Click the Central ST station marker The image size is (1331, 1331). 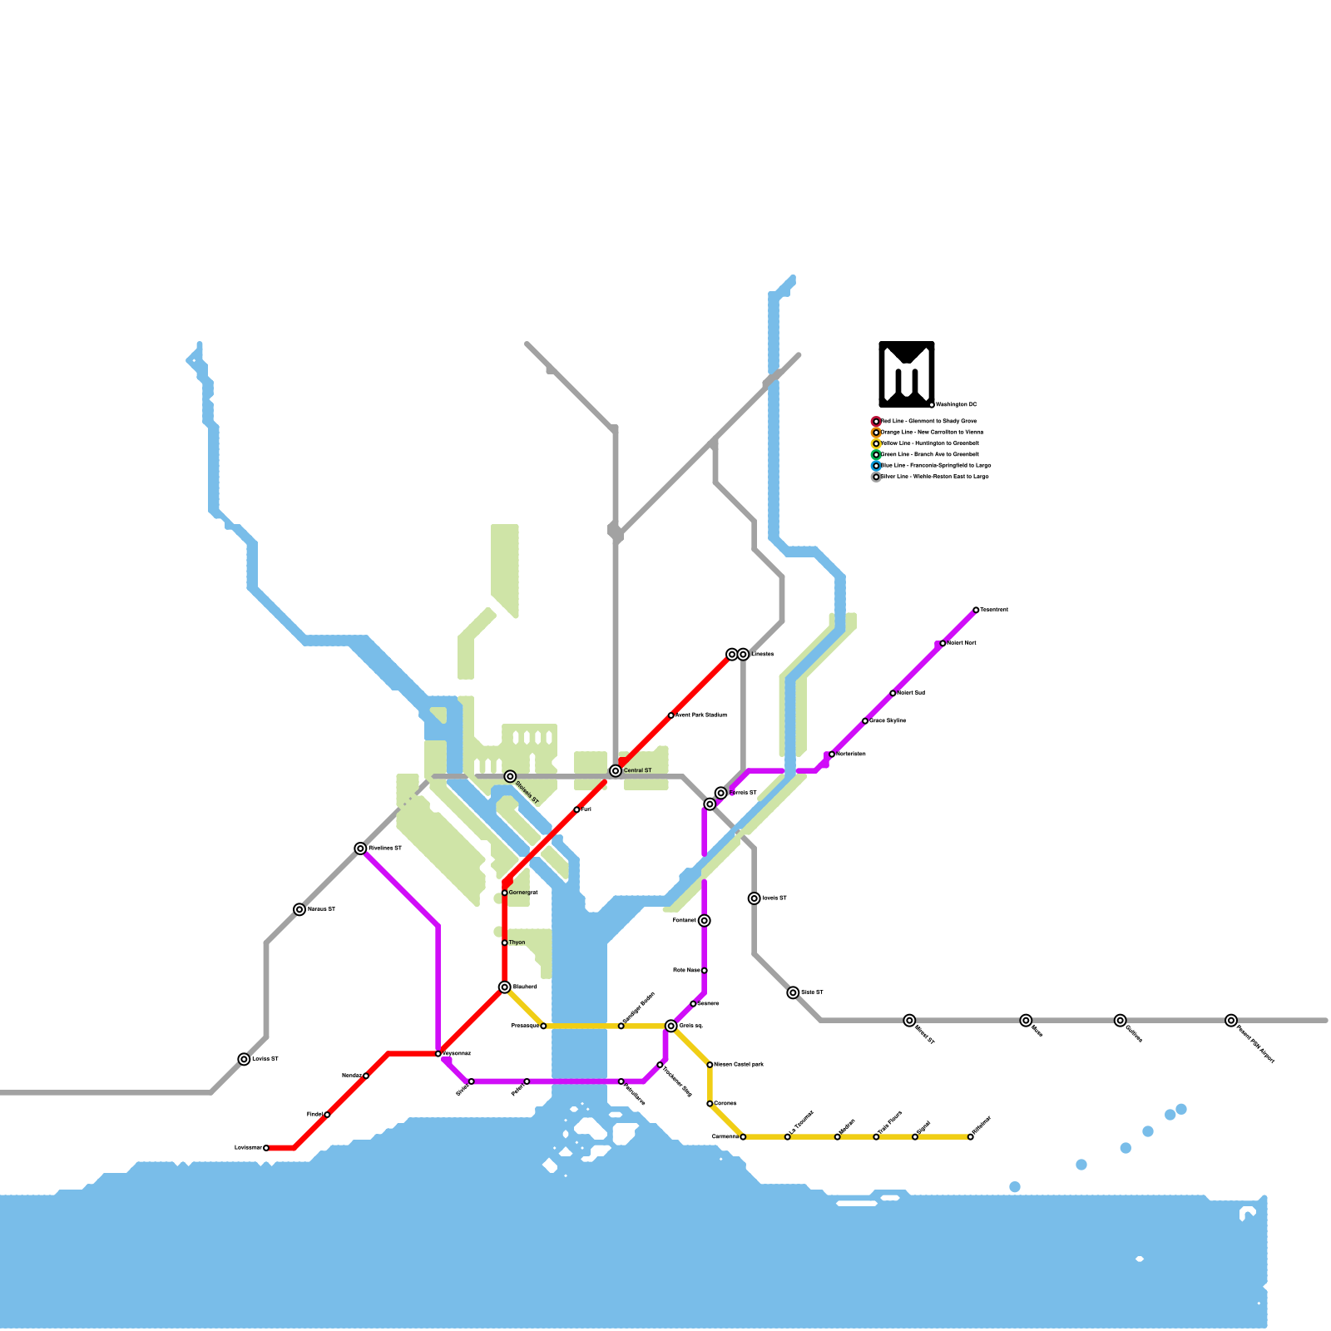[616, 771]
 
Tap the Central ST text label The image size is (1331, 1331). [638, 771]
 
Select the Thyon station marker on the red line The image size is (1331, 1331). [504, 943]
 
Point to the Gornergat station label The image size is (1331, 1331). [523, 893]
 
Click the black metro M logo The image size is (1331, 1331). [907, 374]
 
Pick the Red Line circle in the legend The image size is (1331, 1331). [876, 422]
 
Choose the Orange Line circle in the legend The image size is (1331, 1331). [876, 433]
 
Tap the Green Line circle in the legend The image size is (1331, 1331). [876, 455]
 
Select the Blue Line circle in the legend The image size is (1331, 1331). [876, 466]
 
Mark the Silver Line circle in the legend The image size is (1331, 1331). [876, 477]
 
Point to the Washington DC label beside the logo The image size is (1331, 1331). [957, 405]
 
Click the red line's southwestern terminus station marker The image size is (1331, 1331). [266, 1148]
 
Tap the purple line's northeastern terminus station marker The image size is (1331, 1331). [976, 610]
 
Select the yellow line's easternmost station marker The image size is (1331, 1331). [970, 1137]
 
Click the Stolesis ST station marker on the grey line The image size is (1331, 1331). [510, 776]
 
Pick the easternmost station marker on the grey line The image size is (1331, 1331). [1231, 1021]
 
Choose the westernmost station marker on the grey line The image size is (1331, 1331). [244, 1059]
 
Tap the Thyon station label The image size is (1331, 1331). [517, 943]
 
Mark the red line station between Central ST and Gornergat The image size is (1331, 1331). [576, 809]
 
